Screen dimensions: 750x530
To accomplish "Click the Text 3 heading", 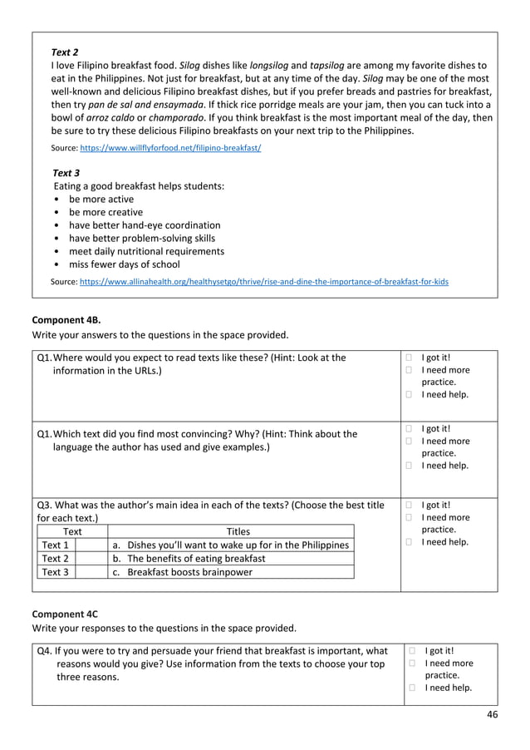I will click(x=66, y=172).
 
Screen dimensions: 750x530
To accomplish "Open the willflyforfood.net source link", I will click(x=170, y=147).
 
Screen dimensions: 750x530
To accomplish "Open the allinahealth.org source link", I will click(x=263, y=282).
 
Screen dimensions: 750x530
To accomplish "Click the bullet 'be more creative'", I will click(x=106, y=212).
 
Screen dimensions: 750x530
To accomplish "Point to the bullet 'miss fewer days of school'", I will click(x=124, y=264).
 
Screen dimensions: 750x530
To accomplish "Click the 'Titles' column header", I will click(x=238, y=531).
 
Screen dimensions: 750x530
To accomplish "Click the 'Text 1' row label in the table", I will click(x=55, y=545).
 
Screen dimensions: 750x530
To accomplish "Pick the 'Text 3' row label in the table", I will click(x=55, y=572).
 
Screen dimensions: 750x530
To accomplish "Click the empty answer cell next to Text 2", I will click(x=91, y=559).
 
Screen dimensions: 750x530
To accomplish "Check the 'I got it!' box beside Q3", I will click(x=409, y=505).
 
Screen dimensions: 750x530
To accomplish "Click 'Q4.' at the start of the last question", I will click(x=47, y=651).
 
